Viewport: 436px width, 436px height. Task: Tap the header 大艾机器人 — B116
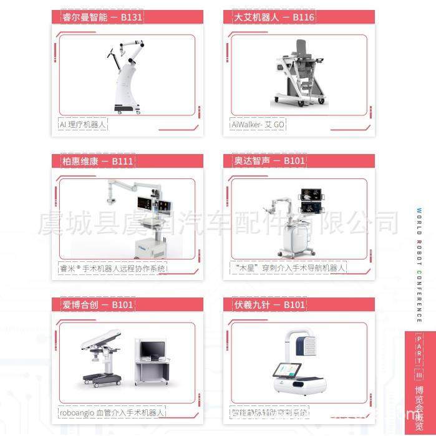tap(269, 17)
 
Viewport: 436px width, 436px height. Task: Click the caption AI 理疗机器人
tap(83, 125)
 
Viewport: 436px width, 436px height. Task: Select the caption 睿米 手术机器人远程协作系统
tap(113, 268)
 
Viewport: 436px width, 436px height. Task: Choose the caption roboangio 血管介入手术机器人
tap(112, 412)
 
